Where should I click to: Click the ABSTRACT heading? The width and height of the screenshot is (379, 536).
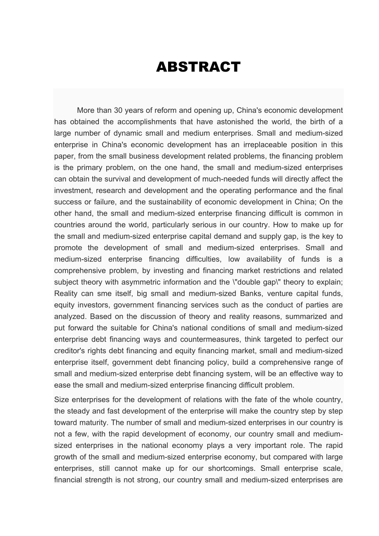[198, 67]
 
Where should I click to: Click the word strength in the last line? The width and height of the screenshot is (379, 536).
[97, 480]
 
